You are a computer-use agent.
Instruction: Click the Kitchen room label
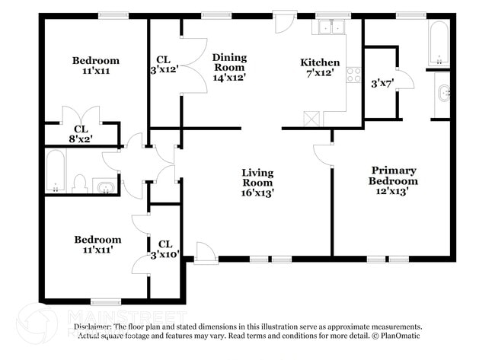(x=320, y=62)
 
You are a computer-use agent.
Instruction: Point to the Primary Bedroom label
(x=393, y=175)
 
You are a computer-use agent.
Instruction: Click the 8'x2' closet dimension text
(x=79, y=139)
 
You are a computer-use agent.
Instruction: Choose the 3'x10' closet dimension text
(x=164, y=254)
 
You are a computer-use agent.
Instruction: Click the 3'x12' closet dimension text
(x=162, y=70)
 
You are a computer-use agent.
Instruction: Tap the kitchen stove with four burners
(x=353, y=75)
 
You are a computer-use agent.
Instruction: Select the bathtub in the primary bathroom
(x=438, y=43)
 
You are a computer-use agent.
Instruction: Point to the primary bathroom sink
(x=444, y=95)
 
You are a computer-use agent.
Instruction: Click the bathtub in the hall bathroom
(x=55, y=170)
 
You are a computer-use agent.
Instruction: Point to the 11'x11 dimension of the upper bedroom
(x=96, y=71)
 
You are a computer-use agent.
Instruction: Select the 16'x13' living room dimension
(x=257, y=193)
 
